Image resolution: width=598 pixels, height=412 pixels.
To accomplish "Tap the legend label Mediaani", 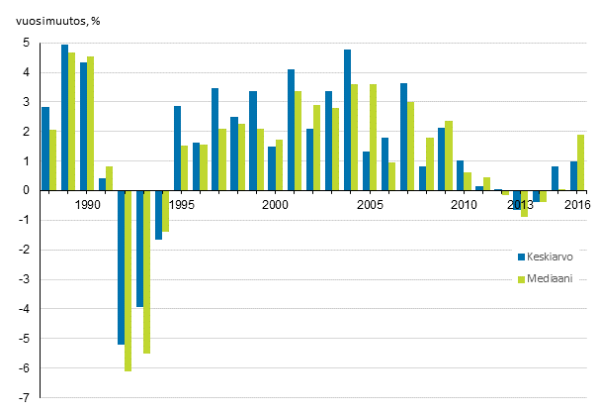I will [548, 279].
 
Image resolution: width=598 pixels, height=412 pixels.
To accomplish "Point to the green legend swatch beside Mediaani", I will [521, 279].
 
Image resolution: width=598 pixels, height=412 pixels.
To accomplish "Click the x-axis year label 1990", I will [87, 205].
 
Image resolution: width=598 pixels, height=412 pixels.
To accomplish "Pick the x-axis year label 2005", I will [370, 205].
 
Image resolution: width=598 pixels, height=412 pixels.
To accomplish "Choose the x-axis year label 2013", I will [521, 205].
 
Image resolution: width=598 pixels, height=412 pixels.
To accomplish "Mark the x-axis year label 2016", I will [577, 205].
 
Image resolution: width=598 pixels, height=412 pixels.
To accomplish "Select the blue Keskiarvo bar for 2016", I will [574, 176].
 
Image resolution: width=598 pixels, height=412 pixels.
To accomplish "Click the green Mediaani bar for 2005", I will [373, 138].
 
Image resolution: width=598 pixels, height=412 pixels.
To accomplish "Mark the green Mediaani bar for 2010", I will [468, 181].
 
